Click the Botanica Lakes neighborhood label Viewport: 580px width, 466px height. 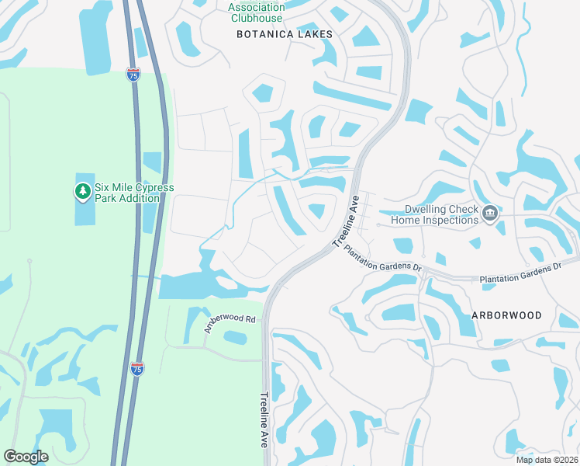[x=284, y=34]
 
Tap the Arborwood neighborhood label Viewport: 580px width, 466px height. [x=507, y=315]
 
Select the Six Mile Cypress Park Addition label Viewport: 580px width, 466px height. [x=134, y=193]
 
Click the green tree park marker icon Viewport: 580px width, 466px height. [x=82, y=190]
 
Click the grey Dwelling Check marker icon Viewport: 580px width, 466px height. [x=489, y=214]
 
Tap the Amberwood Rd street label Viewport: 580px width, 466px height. [x=230, y=324]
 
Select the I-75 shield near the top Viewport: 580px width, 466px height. [x=134, y=75]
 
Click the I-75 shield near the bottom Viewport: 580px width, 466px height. [x=136, y=369]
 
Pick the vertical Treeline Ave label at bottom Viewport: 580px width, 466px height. [x=264, y=419]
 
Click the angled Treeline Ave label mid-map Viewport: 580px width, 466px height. [x=346, y=221]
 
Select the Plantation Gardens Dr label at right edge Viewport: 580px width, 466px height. [x=520, y=271]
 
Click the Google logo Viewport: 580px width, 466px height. [x=26, y=457]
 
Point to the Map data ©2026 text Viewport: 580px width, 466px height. [x=547, y=459]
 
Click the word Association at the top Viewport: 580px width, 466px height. [x=256, y=7]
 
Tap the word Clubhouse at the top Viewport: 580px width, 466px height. [x=256, y=17]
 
